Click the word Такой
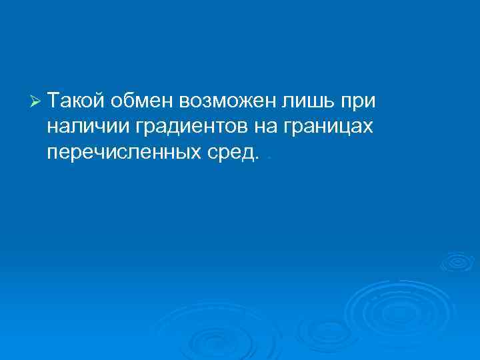click(76, 101)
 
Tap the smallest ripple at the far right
click(457, 261)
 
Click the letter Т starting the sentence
click(53, 101)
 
